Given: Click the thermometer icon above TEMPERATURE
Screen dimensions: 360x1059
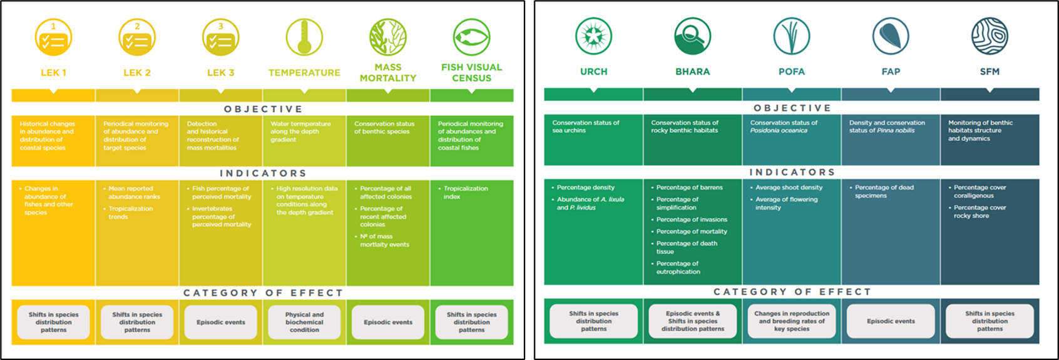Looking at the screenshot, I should click(x=304, y=37).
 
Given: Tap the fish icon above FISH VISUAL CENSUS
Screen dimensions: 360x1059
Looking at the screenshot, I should click(x=471, y=37).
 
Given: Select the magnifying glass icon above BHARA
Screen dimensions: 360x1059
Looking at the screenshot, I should click(x=692, y=36).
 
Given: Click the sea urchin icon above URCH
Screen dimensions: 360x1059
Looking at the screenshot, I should click(x=593, y=36).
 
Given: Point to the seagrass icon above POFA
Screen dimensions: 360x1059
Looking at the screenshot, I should click(x=791, y=36).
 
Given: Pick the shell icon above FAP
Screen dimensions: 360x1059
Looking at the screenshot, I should click(x=891, y=36).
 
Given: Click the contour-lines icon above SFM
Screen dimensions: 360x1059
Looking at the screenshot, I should click(x=990, y=36).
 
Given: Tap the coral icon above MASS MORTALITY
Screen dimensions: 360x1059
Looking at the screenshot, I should click(x=388, y=37).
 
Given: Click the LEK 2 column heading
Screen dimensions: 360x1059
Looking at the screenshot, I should click(x=137, y=73).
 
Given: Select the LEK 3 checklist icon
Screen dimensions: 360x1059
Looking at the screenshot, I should click(x=220, y=37).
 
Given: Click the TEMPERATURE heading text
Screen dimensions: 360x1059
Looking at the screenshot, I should click(x=304, y=73).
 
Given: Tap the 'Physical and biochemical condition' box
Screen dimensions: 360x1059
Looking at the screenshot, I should click(x=304, y=322).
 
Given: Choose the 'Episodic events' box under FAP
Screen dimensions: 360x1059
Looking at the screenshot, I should click(x=891, y=321).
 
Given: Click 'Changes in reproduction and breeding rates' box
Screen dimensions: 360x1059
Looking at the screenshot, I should click(x=792, y=321).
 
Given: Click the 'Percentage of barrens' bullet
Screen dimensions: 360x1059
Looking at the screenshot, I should click(x=689, y=187).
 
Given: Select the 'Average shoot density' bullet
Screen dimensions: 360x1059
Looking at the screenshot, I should click(x=789, y=187).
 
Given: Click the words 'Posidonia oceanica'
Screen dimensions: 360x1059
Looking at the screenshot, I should click(x=779, y=131).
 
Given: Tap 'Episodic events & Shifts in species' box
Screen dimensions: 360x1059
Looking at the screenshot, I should click(x=693, y=321).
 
